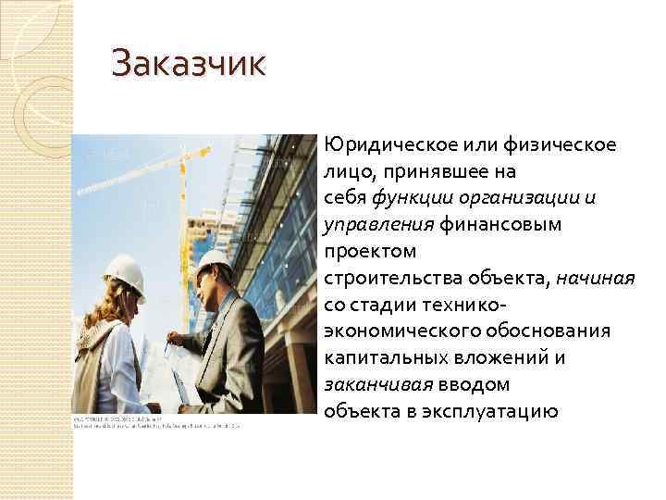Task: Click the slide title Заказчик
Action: click(188, 65)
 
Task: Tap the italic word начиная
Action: click(593, 277)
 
